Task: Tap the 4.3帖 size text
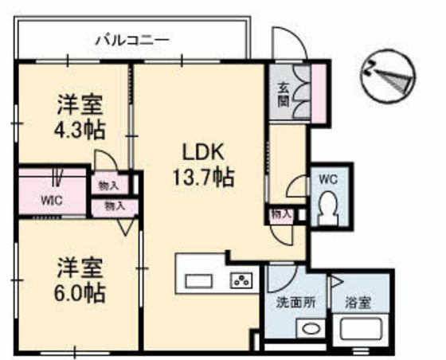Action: pos(80,127)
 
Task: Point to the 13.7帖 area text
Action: pos(203,177)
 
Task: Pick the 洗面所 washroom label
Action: pos(293,303)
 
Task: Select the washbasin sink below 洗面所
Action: pos(310,329)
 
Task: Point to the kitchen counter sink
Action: pos(199,280)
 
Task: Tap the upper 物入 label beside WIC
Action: pos(108,186)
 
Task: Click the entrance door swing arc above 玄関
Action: pos(283,44)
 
